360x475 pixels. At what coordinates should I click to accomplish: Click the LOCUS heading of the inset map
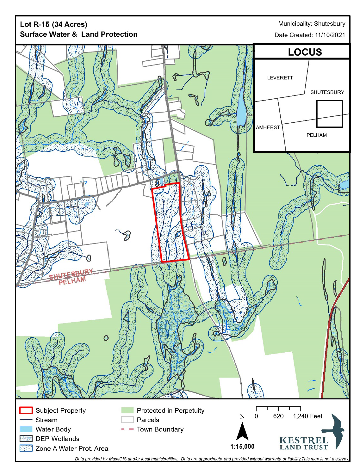(x=305, y=52)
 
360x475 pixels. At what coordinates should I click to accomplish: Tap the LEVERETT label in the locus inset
(x=280, y=78)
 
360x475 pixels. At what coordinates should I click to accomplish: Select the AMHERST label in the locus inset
(x=268, y=127)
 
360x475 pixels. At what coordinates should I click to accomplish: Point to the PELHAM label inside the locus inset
(x=316, y=135)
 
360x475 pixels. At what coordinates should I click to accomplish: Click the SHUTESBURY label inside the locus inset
(x=327, y=92)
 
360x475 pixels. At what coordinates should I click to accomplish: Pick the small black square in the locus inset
(x=329, y=114)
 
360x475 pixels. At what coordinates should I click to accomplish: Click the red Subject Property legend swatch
(x=26, y=410)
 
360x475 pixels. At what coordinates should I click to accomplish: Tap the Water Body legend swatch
(x=26, y=429)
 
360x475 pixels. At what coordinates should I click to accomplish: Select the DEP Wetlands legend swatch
(x=26, y=439)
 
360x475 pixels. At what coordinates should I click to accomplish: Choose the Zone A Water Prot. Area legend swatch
(x=26, y=448)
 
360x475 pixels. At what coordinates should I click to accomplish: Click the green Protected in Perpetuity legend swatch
(x=127, y=410)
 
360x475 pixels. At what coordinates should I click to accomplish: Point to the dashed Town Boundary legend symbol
(x=127, y=429)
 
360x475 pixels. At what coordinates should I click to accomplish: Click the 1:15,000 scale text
(x=242, y=447)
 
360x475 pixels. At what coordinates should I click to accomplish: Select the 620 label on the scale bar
(x=278, y=416)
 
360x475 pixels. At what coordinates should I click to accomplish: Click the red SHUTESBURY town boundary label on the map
(x=71, y=275)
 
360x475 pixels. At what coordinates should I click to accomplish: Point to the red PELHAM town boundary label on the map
(x=72, y=281)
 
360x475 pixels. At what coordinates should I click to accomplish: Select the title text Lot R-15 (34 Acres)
(x=53, y=24)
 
